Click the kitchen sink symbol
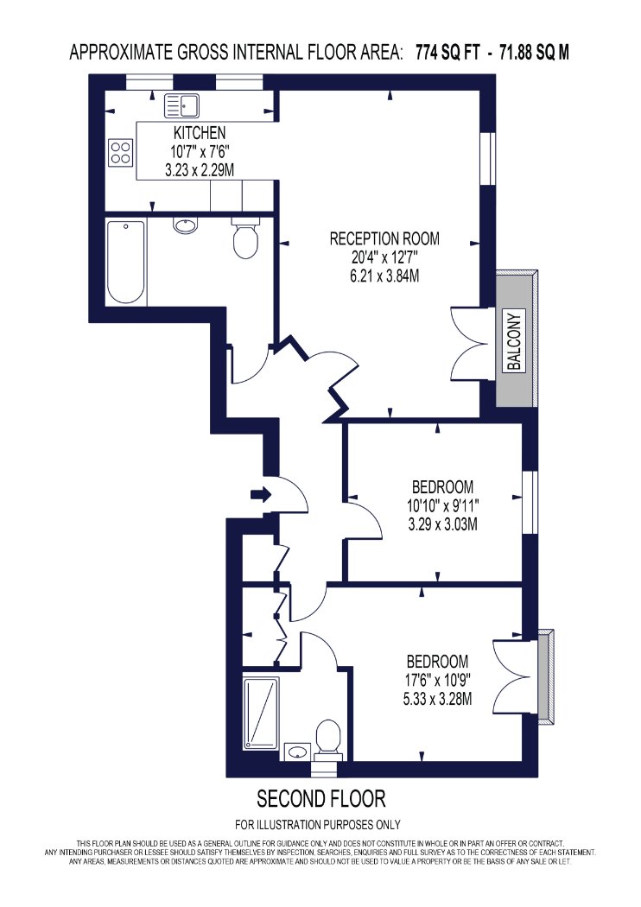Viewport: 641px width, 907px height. (181, 106)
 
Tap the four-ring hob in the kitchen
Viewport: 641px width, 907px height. (122, 153)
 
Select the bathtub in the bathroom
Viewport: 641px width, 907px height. (126, 262)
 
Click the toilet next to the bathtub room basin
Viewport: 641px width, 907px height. (246, 238)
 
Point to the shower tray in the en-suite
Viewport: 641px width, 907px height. (261, 714)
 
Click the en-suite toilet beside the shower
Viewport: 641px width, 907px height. (328, 739)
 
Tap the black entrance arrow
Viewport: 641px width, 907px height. (261, 494)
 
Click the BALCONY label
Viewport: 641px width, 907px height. (514, 340)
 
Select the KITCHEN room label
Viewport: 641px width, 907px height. (200, 132)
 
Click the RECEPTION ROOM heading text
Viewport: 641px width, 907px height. (384, 238)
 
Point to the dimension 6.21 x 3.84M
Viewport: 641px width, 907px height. (384, 276)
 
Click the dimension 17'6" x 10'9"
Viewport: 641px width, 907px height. (437, 680)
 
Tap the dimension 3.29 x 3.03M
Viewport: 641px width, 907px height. (442, 524)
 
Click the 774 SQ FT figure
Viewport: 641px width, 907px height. (447, 53)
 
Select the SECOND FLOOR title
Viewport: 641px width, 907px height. (321, 799)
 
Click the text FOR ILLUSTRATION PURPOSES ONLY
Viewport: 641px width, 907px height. (318, 824)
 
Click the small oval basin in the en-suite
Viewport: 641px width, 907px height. (297, 752)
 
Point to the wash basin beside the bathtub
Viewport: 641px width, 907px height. (185, 225)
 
